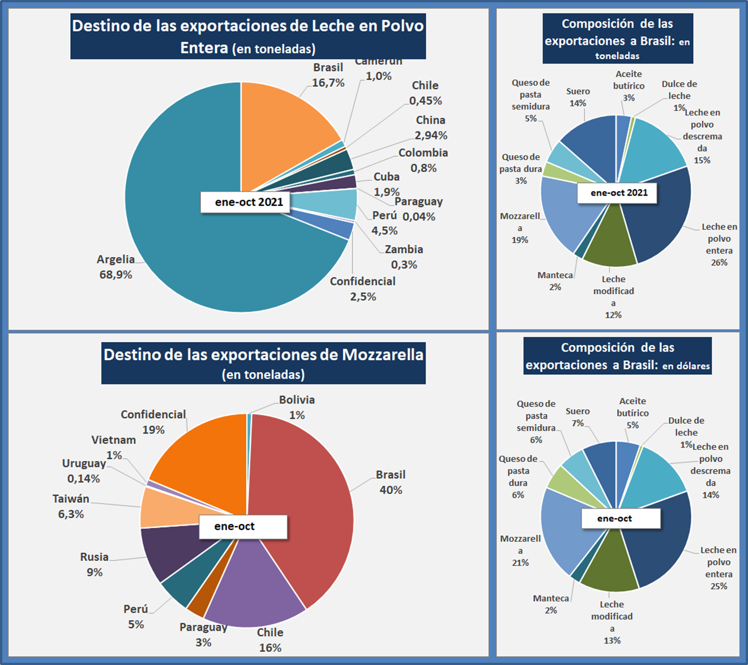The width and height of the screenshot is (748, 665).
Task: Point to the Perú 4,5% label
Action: point(384,223)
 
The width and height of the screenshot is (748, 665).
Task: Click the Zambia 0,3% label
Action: point(404,257)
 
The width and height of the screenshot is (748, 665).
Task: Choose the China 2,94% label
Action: point(431,128)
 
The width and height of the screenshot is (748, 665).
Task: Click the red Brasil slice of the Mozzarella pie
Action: point(306,499)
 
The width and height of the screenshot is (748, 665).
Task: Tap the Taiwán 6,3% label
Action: point(71,506)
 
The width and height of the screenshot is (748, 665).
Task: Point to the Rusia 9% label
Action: point(94,565)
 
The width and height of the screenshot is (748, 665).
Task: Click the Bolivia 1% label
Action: point(297,407)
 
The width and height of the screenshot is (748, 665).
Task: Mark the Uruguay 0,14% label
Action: point(84,471)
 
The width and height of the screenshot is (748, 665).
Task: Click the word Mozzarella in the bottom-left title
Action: point(382,355)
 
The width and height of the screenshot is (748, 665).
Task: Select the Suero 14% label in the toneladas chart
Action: point(578,97)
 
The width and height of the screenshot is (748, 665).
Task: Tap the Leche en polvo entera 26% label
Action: point(719,244)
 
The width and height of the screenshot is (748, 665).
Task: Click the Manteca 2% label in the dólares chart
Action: point(550,604)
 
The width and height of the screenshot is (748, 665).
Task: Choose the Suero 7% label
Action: point(578,417)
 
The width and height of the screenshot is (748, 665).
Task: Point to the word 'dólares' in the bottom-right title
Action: point(686,366)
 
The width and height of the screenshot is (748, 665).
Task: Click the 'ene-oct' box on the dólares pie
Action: point(620,519)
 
